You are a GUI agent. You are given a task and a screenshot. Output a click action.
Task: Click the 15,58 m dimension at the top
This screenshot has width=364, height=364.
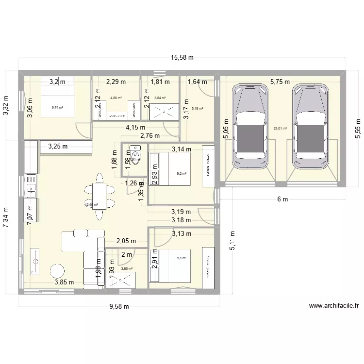click(x=182, y=58)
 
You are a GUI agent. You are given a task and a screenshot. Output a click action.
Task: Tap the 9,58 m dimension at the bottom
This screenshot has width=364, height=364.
click(x=119, y=306)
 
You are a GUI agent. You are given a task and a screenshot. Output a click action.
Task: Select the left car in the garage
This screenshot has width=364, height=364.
click(x=250, y=127)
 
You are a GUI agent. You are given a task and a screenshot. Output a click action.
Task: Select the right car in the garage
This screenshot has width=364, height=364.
click(x=310, y=127)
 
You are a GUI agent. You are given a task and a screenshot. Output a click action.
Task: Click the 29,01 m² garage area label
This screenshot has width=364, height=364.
click(x=280, y=129)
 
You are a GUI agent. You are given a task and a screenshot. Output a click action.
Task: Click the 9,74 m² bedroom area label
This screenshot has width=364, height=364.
click(x=58, y=108)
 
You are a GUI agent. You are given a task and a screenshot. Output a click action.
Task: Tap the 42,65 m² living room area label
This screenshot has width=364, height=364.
click(x=91, y=205)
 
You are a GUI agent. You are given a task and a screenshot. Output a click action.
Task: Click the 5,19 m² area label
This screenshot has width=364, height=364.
click(x=197, y=109)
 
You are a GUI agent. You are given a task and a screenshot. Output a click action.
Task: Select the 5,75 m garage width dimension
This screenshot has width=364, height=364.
click(x=280, y=82)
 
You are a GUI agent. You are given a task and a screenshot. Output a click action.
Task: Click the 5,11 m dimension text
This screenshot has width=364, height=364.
click(x=232, y=241)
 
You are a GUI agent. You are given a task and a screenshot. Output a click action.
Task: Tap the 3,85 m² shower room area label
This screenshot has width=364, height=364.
click(x=127, y=269)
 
